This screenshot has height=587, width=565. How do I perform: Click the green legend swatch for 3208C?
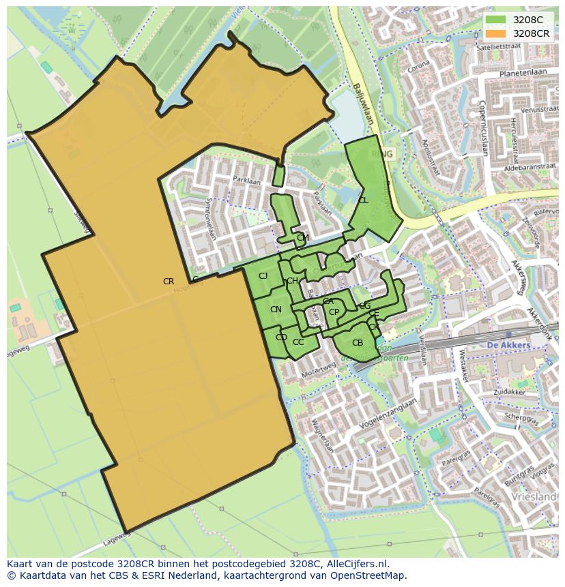pos(496,20)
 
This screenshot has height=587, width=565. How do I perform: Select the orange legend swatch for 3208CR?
pos(496,33)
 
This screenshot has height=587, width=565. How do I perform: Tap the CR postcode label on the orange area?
pos(169,282)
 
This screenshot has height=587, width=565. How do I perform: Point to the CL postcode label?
pos(363,200)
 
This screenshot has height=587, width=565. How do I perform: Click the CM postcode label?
pos(303,238)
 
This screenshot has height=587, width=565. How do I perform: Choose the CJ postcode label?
pos(263,276)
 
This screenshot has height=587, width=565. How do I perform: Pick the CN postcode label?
pos(276,310)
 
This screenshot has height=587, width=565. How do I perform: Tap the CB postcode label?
pos(358,343)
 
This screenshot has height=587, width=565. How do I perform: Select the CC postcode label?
pos(298,342)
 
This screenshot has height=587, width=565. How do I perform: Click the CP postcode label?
pos(334,312)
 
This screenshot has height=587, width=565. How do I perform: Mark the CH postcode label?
pos(292,281)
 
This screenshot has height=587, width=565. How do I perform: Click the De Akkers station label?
pos(508,346)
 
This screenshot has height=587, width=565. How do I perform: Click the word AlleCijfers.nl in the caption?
pos(356,564)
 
